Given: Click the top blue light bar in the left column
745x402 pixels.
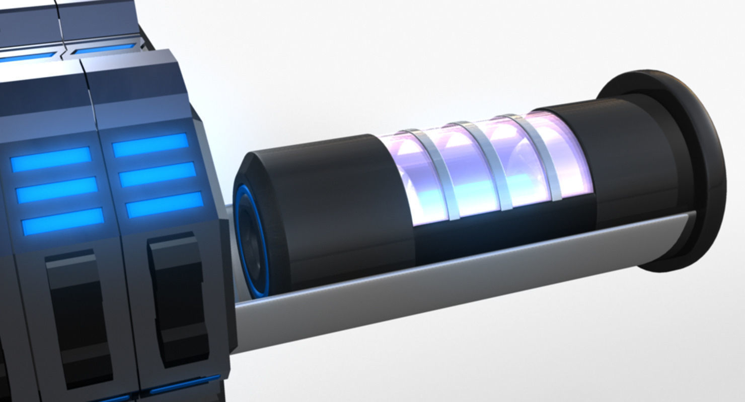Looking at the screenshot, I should point(51,159).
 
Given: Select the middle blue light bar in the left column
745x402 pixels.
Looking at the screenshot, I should point(57,190).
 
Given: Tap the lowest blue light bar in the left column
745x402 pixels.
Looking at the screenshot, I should point(62,221).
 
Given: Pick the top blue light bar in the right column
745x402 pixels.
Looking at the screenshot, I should point(150,145).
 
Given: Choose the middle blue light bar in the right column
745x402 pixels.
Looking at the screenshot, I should point(158,175).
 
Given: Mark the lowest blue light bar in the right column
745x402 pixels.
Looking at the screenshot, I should point(165,205).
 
